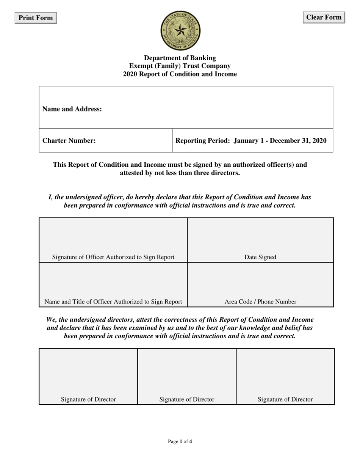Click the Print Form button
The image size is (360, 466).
click(x=36, y=18)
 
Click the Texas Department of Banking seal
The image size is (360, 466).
click(x=180, y=31)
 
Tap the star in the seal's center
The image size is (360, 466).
click(x=180, y=30)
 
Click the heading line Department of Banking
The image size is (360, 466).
click(x=180, y=58)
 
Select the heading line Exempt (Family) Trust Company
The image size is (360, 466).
click(x=180, y=66)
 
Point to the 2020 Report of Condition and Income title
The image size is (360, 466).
click(x=180, y=74)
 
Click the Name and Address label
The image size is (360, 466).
click(x=72, y=109)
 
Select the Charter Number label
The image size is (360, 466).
click(x=69, y=141)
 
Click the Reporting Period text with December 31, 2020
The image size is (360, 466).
click(x=251, y=141)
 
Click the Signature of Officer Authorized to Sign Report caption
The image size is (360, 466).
click(x=113, y=257)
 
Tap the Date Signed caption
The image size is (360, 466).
click(x=260, y=257)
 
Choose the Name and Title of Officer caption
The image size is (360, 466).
click(x=113, y=302)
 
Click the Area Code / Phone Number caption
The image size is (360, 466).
click(x=260, y=302)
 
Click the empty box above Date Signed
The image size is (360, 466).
click(x=260, y=236)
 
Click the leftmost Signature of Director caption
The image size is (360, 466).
click(x=88, y=399)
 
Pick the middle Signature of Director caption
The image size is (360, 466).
click(x=187, y=399)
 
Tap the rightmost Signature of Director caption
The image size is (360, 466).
click(x=285, y=399)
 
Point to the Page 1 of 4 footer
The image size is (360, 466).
click(x=180, y=441)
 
